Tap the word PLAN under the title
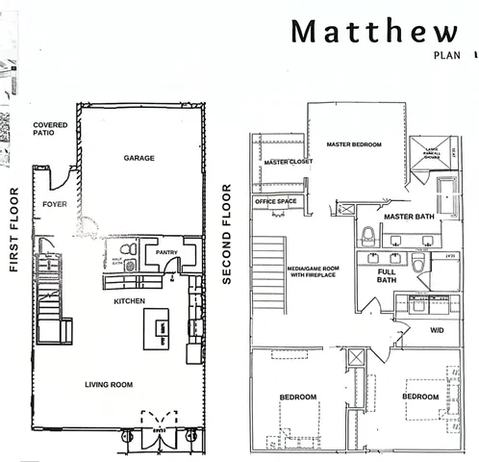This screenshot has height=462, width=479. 447,56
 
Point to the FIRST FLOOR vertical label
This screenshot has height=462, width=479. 15,231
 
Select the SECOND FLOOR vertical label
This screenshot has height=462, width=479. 228,234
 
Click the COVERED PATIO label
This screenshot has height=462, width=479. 49,129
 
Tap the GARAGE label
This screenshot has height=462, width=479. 139,157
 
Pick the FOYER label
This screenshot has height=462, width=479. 54,205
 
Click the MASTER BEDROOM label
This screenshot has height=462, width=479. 353,144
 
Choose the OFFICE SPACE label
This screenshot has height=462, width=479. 276,201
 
